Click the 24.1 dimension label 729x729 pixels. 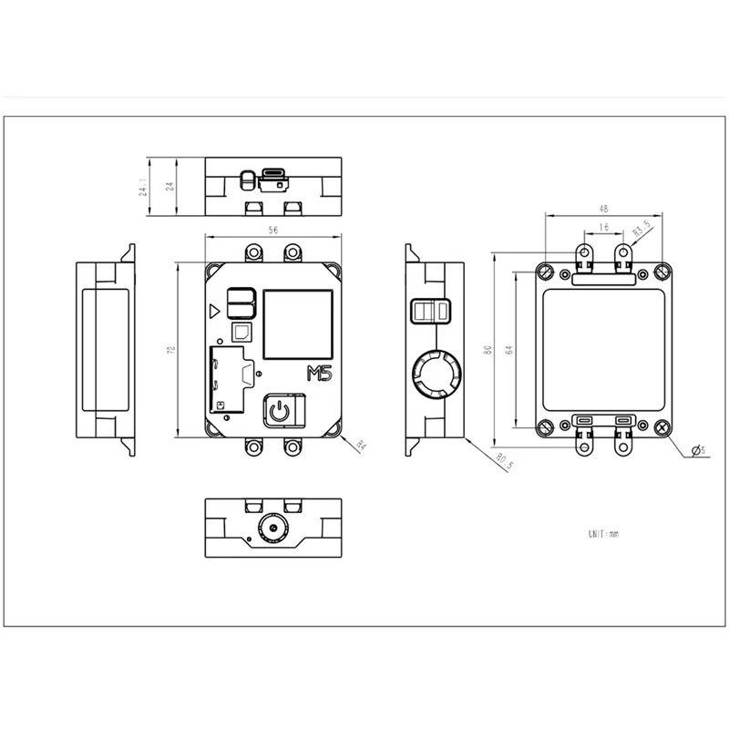coord(142,189)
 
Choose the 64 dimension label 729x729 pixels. coord(508,349)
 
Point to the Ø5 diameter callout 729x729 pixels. coord(699,450)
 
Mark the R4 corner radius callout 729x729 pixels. coord(360,446)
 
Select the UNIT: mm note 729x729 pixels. coord(603,532)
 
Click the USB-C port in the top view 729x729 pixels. coord(272,175)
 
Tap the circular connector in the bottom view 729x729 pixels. coord(271,528)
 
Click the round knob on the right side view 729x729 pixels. coord(435,373)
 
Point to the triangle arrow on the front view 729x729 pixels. coord(214,310)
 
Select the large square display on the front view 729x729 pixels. coord(297,324)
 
